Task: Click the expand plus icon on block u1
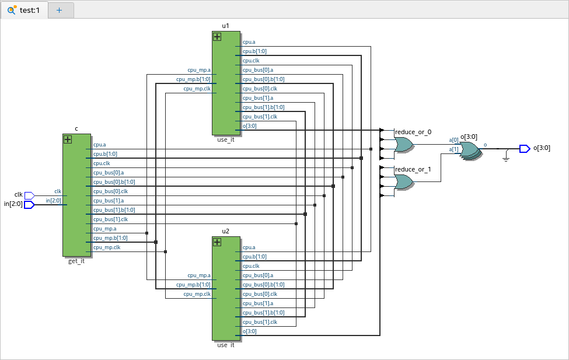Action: [x=217, y=37]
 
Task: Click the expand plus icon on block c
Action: [x=68, y=139]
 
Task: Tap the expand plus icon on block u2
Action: [x=217, y=242]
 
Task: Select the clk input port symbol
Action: [x=30, y=195]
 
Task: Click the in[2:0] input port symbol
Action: [x=30, y=204]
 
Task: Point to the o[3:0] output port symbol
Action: [x=525, y=148]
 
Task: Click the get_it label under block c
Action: [x=76, y=261]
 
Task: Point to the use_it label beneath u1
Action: [x=226, y=140]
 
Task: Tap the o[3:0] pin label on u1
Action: [x=250, y=126]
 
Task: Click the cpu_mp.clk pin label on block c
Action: [x=106, y=247]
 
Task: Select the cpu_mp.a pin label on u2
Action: [x=199, y=275]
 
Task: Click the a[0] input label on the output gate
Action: [x=453, y=140]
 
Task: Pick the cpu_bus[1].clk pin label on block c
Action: [x=110, y=219]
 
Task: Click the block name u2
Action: [x=226, y=231]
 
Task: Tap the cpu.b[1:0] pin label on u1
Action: [x=254, y=51]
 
